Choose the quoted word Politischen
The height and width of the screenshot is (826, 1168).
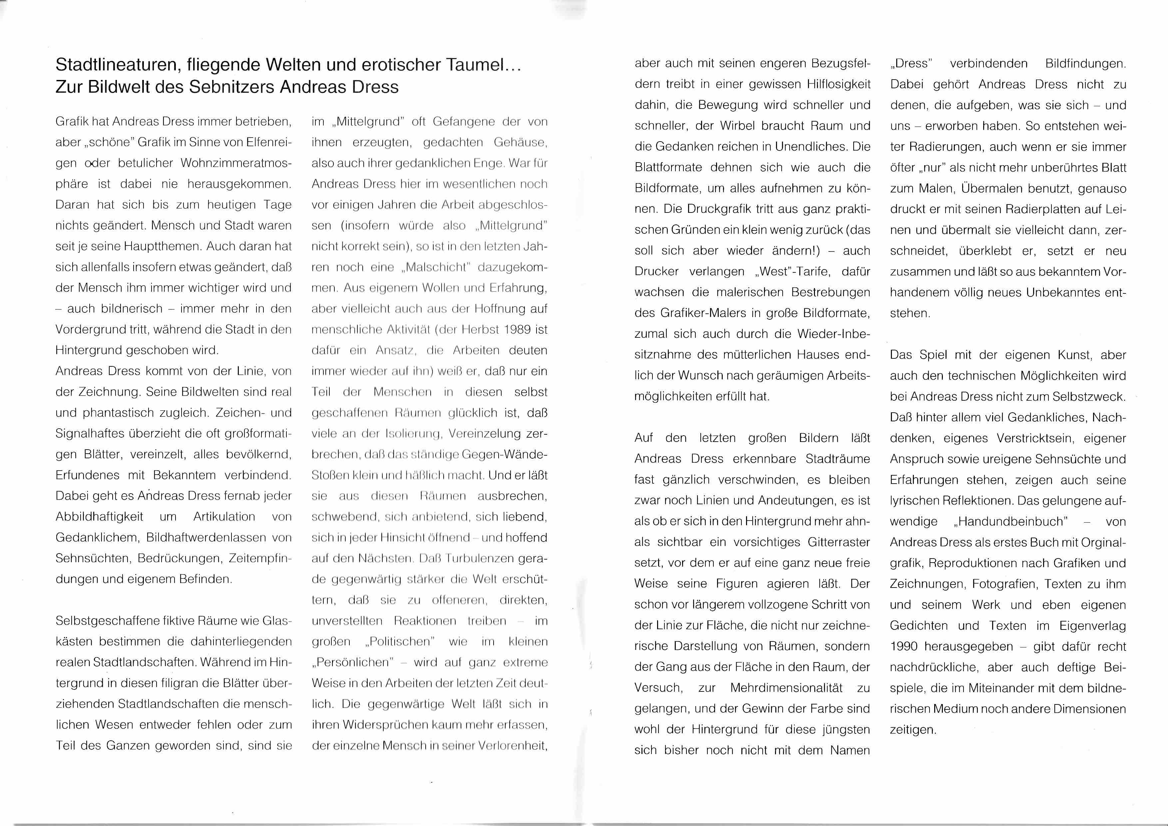400,641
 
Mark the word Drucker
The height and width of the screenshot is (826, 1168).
656,271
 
